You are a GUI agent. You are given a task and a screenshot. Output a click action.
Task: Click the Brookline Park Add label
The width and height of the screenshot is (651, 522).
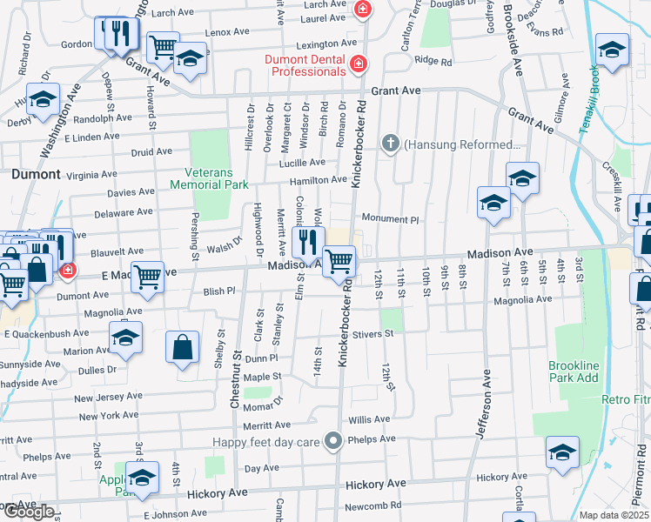(574, 371)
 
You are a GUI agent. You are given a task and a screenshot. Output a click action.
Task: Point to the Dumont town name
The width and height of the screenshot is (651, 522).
(36, 174)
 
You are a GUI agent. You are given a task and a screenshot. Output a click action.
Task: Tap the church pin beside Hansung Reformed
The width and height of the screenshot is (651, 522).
(391, 144)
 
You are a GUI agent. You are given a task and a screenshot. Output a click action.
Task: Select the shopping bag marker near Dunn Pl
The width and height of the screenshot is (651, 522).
(183, 350)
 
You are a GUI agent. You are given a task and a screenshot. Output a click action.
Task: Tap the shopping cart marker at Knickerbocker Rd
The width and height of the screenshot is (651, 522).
(339, 261)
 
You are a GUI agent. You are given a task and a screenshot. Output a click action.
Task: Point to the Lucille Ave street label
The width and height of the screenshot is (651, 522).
(302, 163)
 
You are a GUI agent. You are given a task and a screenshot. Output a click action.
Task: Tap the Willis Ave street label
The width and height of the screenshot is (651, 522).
(369, 418)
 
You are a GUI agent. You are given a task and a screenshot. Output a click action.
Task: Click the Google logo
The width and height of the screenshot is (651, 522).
(28, 512)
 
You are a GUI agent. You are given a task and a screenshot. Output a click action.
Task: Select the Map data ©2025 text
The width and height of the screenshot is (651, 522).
(614, 515)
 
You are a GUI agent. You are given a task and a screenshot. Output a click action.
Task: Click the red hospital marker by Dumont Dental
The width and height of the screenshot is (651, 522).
(357, 65)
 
